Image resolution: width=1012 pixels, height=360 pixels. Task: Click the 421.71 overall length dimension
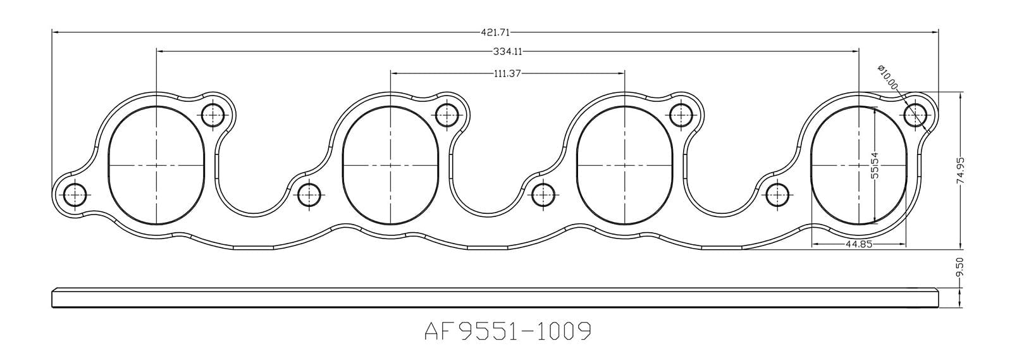[496, 31]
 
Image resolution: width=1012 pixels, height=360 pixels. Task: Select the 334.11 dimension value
[507, 51]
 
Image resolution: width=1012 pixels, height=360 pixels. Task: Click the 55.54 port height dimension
[875, 165]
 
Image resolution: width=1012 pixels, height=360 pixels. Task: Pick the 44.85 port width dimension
[859, 244]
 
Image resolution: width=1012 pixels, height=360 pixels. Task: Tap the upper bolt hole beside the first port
[213, 115]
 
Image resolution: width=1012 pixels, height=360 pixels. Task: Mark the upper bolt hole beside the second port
[447, 115]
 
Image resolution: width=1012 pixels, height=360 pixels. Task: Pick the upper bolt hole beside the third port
[681, 115]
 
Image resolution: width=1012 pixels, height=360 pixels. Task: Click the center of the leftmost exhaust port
[156, 165]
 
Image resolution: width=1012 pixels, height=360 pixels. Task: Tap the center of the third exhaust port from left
[624, 165]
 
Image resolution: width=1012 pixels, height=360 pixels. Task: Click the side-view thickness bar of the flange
[493, 298]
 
